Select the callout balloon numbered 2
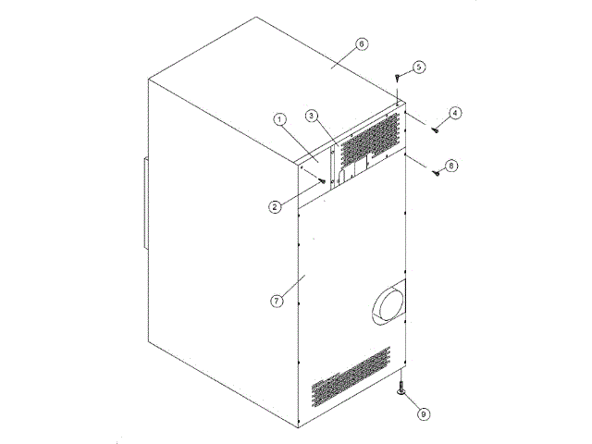[x=275, y=207]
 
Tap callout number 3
[x=313, y=116]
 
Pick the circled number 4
[x=455, y=113]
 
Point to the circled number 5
[x=418, y=67]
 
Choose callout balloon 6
[x=362, y=43]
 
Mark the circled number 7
[x=274, y=302]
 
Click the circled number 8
[x=450, y=166]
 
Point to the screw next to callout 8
[x=436, y=174]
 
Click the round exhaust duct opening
[x=389, y=303]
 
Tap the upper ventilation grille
[x=370, y=139]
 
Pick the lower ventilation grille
[x=351, y=377]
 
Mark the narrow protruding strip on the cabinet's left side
[x=144, y=206]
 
